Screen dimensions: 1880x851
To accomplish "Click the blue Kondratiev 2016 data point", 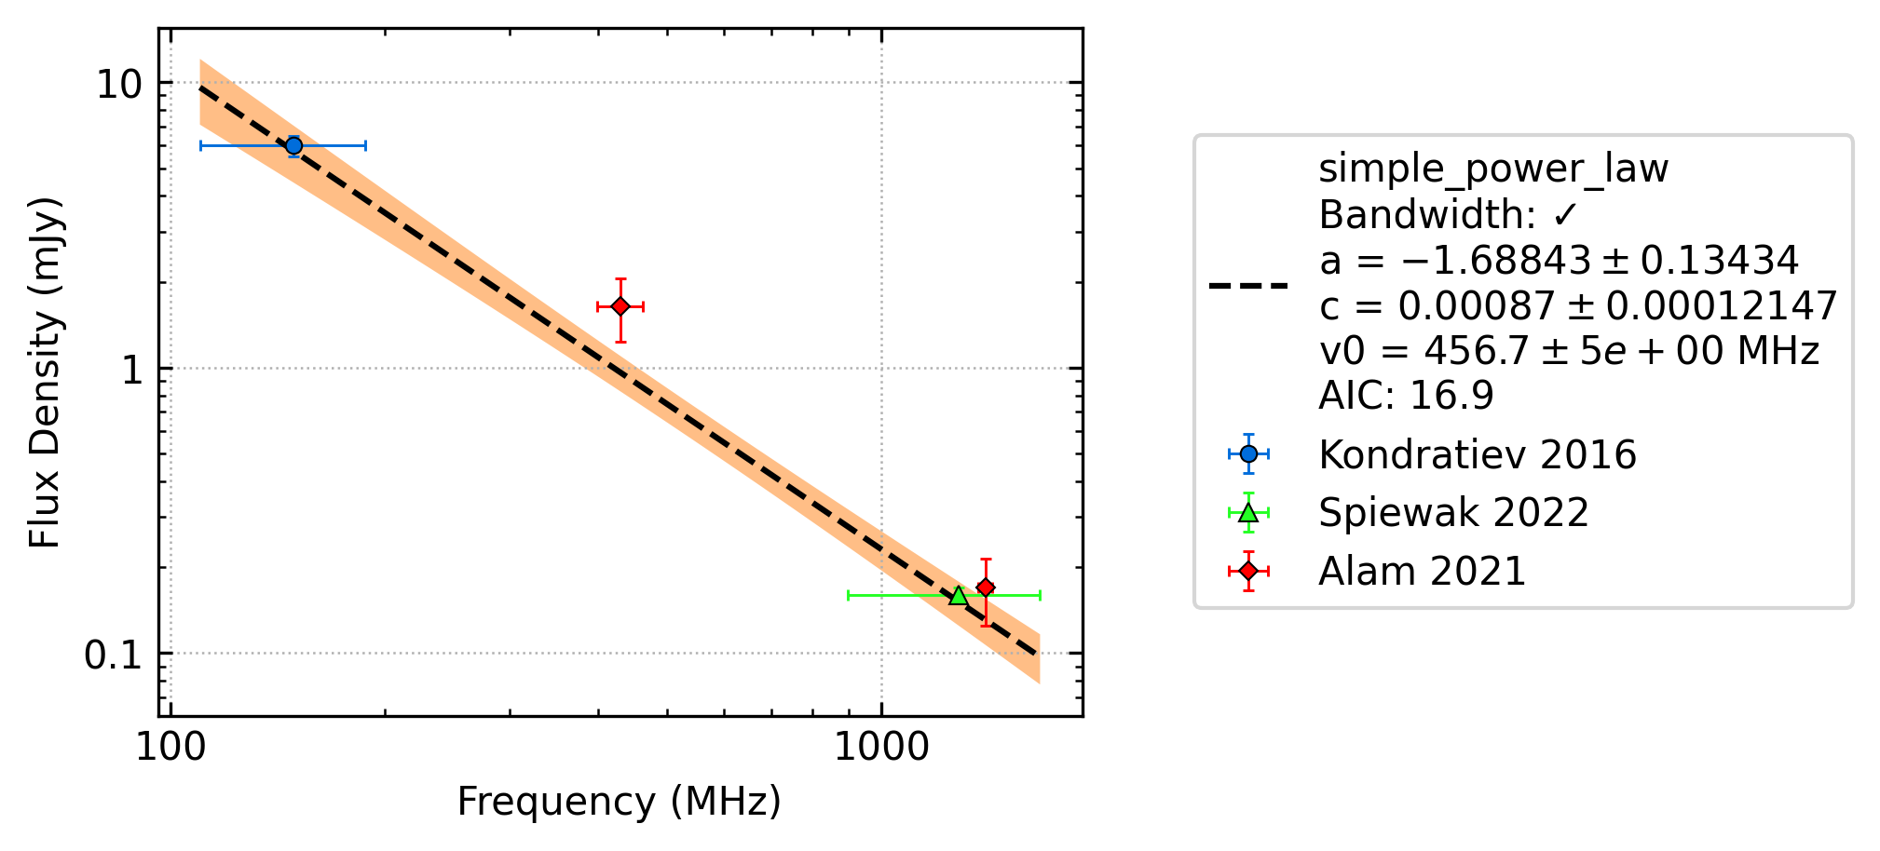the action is (x=293, y=145).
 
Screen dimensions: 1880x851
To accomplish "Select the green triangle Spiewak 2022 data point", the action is (x=958, y=595).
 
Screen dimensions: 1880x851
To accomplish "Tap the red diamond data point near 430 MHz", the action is (x=620, y=306).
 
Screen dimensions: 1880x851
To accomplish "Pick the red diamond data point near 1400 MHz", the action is (x=986, y=588).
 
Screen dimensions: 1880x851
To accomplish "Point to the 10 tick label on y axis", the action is (x=119, y=85).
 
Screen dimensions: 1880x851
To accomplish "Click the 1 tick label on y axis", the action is (x=131, y=370).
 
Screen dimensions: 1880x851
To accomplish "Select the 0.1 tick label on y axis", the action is (x=113, y=655).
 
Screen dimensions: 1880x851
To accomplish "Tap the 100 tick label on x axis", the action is (x=171, y=748).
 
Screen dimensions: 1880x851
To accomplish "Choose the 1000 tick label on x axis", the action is (x=881, y=748).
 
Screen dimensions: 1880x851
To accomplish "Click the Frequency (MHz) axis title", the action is (x=619, y=802).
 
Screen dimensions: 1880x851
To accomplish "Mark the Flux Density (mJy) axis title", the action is (x=44, y=372).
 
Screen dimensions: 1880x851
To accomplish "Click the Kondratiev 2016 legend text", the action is (x=1478, y=454).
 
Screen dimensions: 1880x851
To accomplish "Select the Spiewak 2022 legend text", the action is (x=1453, y=513).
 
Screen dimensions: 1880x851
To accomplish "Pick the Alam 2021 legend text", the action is (x=1423, y=571).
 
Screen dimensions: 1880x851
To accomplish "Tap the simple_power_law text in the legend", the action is (x=1493, y=169).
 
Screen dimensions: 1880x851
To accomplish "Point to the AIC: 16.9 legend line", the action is (x=1406, y=396).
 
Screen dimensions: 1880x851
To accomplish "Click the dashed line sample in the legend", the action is (x=1248, y=285).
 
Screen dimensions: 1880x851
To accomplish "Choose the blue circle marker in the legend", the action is (x=1248, y=453).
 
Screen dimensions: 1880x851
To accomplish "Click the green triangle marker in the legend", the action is (x=1248, y=512).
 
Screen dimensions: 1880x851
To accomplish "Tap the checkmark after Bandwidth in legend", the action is (x=1565, y=216).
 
